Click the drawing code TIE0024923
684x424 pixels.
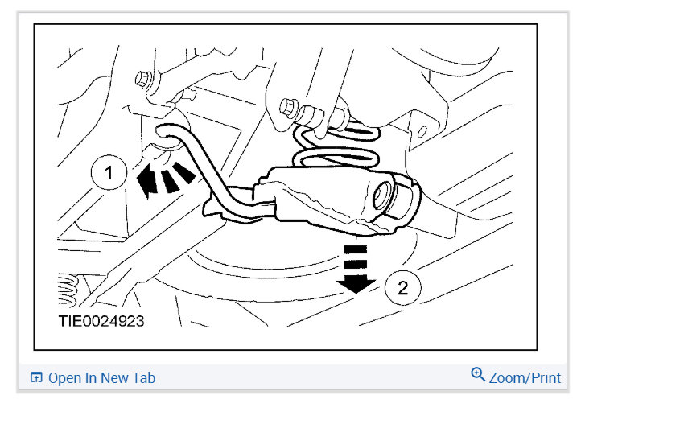click(x=102, y=321)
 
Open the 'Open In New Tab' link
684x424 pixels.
click(x=101, y=377)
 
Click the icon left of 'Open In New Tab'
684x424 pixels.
click(x=36, y=377)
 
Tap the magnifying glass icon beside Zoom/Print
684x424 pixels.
click(x=478, y=375)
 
